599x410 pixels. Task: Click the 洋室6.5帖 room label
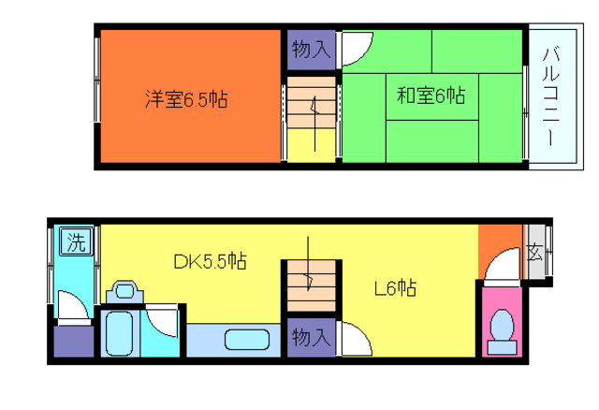tap(186, 99)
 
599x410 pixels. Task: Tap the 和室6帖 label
tap(431, 95)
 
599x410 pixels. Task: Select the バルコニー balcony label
tap(551, 96)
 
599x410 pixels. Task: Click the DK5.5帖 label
tap(210, 262)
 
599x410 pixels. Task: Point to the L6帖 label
tap(395, 287)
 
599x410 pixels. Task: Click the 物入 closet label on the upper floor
tap(311, 50)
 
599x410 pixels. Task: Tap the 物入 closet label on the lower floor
tap(311, 337)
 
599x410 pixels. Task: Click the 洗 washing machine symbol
tap(76, 242)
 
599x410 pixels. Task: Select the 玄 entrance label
tap(534, 252)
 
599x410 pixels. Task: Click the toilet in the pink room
tap(502, 331)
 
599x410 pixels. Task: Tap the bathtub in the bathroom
tap(119, 333)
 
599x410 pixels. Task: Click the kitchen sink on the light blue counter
tap(247, 340)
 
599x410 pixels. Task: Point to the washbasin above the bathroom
tap(124, 292)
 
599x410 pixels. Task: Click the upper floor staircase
tap(312, 120)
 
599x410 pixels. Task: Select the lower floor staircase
tap(312, 286)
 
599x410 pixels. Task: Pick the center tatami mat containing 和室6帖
tap(432, 97)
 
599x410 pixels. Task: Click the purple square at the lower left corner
tap(74, 342)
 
